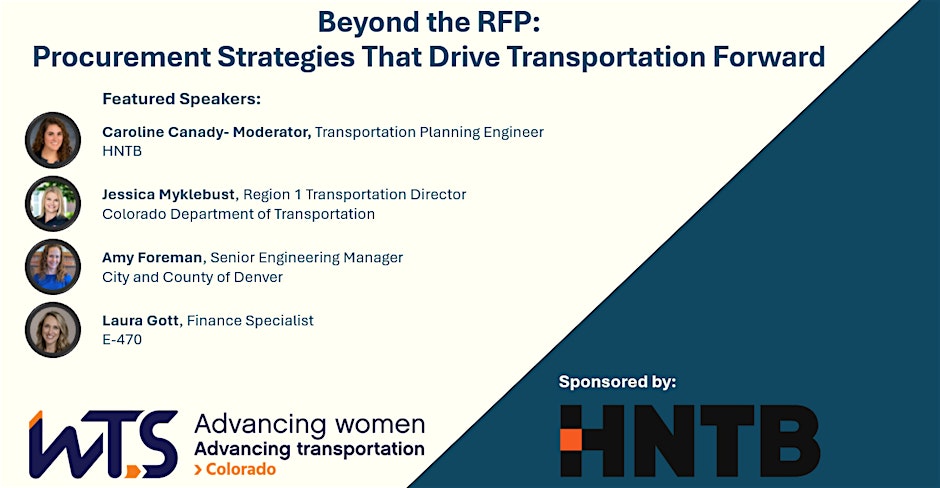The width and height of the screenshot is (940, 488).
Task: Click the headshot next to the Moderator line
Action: click(53, 140)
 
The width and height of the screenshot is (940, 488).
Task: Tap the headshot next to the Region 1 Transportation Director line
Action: click(53, 204)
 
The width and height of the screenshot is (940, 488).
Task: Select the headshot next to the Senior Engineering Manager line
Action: click(53, 267)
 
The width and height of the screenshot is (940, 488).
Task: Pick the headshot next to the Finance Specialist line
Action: click(53, 330)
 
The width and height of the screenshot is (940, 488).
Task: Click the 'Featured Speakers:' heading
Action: click(182, 99)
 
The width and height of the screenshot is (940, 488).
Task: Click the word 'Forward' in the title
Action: click(769, 57)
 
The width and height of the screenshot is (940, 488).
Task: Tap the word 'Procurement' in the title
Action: click(122, 57)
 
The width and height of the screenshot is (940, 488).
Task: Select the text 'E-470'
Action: click(122, 339)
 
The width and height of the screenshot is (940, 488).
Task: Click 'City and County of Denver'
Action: click(192, 277)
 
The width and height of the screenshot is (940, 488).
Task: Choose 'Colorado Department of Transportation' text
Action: click(239, 214)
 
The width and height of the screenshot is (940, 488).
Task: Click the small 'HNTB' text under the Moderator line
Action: click(122, 151)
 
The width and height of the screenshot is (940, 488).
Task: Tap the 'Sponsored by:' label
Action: click(617, 382)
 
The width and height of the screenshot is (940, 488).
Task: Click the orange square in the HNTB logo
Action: click(571, 440)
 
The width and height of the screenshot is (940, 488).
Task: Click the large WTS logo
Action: click(103, 444)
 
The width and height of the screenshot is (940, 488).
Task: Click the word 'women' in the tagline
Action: click(380, 424)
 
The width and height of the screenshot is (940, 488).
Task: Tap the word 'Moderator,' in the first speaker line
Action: click(272, 132)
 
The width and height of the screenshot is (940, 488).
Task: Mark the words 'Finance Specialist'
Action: click(250, 321)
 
